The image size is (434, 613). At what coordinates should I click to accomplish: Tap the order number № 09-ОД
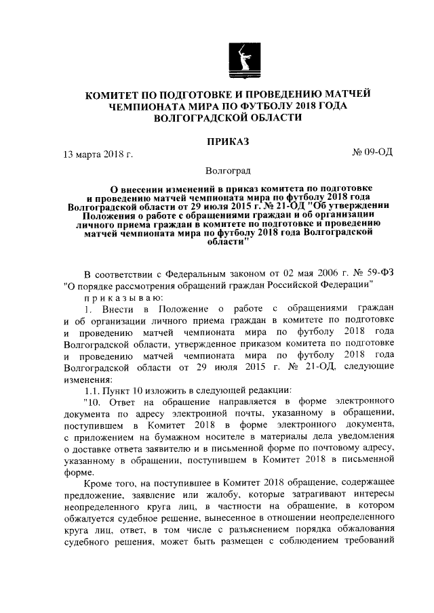372,153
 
